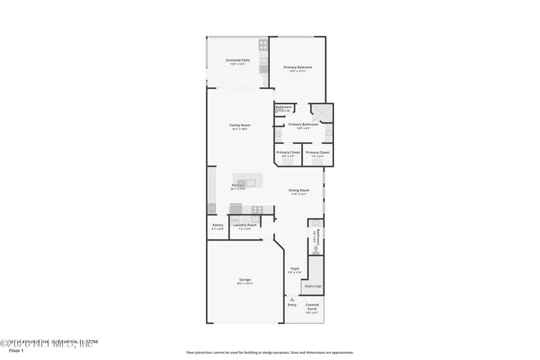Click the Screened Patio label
pyautogui.click(x=238, y=61)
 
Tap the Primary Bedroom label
pyautogui.click(x=298, y=68)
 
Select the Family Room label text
pyautogui.click(x=240, y=125)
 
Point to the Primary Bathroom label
pyautogui.click(x=303, y=124)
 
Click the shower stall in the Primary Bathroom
pyautogui.click(x=321, y=112)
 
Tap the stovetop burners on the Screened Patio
pyautogui.click(x=263, y=45)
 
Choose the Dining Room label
pyautogui.click(x=299, y=190)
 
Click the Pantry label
pyautogui.click(x=217, y=225)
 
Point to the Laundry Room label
pyautogui.click(x=245, y=225)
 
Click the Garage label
pyautogui.click(x=244, y=280)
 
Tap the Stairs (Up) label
pyautogui.click(x=313, y=286)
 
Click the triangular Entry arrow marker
pyautogui.click(x=292, y=299)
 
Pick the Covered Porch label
pyautogui.click(x=313, y=307)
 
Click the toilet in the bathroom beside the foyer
pyautogui.click(x=315, y=249)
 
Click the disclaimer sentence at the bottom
pyautogui.click(x=269, y=352)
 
